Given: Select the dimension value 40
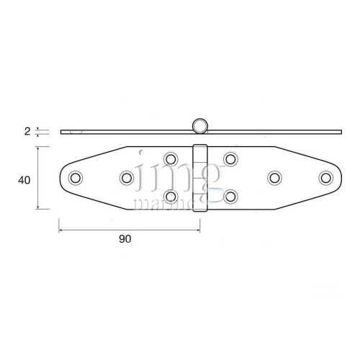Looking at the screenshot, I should [x=24, y=181].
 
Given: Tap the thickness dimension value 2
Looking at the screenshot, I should [x=27, y=131].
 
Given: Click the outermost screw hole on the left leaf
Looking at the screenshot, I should [x=75, y=177].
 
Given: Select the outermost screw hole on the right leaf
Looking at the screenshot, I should [x=325, y=177].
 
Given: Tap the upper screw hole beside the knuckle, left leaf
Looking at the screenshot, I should [x=171, y=158].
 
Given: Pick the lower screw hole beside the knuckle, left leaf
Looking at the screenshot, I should [x=171, y=196].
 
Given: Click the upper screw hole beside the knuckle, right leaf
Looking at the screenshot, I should [x=230, y=158].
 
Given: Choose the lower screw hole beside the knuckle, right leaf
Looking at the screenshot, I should [x=230, y=196].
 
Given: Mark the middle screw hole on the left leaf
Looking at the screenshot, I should [x=127, y=177].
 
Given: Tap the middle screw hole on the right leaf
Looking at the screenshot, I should [x=274, y=177].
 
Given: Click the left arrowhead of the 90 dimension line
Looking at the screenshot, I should [x=60, y=230].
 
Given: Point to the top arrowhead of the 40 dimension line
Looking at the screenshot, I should [x=37, y=148].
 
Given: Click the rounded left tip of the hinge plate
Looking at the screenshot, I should [x=61, y=177].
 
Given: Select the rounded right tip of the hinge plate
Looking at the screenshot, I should [x=339, y=177].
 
